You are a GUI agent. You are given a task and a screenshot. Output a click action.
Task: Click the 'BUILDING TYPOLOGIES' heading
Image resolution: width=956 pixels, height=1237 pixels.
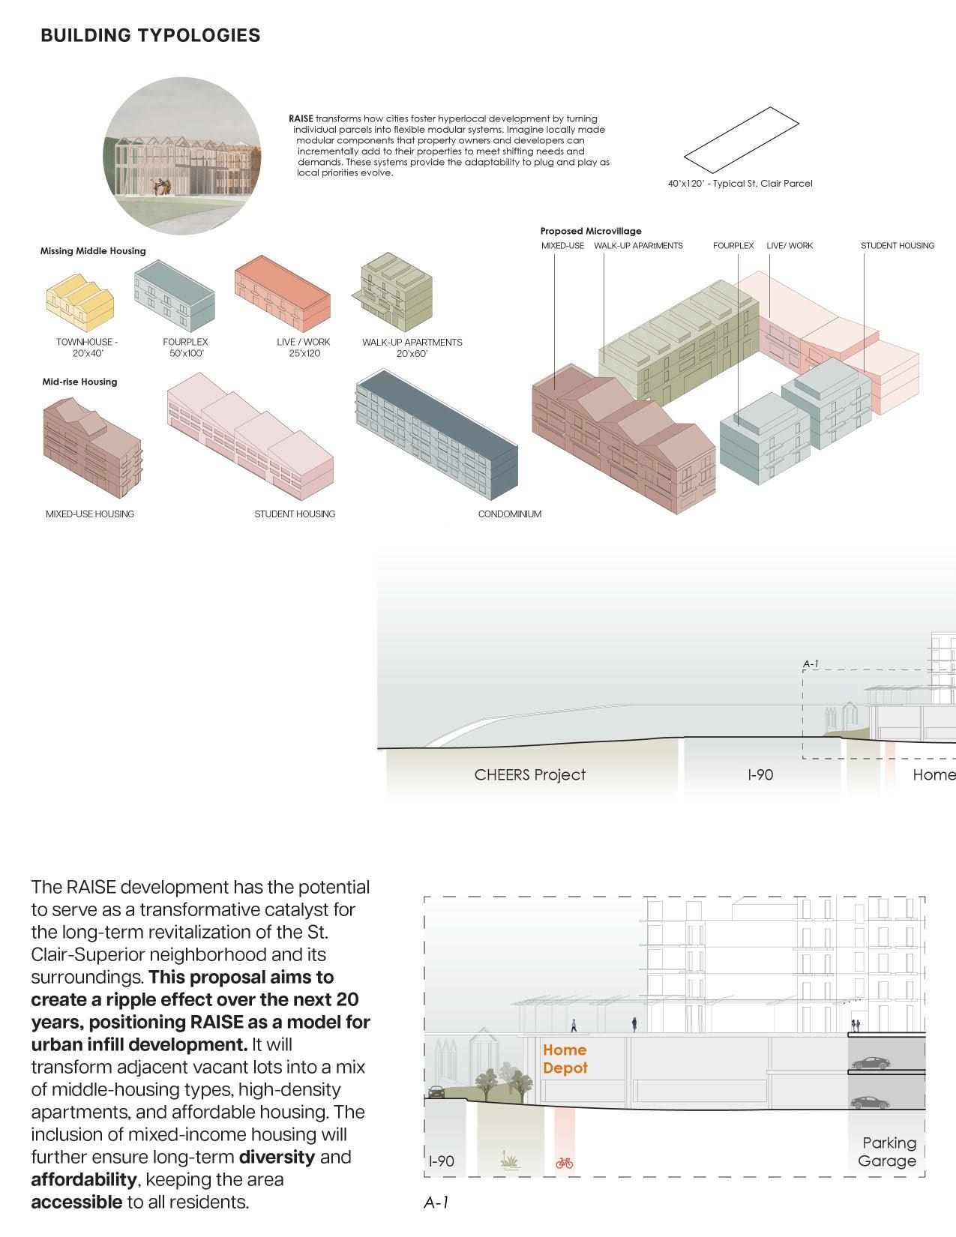pos(151,35)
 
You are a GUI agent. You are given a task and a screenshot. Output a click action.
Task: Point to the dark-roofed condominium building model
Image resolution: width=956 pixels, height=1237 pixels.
pos(436,436)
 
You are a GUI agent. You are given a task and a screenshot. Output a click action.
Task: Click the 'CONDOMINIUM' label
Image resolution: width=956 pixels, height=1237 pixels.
pos(509,514)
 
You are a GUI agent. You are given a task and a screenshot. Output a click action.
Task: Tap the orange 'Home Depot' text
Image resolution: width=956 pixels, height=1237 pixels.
pos(565,1059)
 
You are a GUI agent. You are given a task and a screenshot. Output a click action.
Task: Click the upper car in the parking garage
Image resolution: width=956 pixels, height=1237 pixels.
pos(871,1063)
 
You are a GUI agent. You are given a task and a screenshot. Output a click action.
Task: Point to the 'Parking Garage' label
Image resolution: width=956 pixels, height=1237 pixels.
pos(888,1152)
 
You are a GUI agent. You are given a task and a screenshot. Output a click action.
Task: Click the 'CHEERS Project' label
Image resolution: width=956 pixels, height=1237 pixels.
pos(529,774)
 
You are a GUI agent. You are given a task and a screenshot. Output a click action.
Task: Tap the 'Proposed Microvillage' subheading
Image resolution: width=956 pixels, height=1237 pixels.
pos(591,231)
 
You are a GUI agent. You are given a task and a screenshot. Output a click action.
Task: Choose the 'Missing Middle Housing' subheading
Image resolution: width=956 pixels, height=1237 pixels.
pos(93,251)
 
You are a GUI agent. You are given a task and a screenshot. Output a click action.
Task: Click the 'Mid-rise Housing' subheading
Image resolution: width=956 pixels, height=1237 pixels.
pos(79,382)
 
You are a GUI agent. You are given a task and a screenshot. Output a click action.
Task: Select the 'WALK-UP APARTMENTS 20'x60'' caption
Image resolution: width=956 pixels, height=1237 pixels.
pos(412,347)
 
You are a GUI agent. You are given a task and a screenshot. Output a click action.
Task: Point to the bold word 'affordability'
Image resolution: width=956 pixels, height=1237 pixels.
pos(83,1179)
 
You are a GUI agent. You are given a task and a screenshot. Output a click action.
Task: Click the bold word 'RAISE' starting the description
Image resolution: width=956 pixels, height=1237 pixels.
pos(301,118)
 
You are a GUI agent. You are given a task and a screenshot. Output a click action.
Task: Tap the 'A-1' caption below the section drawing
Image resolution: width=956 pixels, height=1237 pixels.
pos(436,1203)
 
